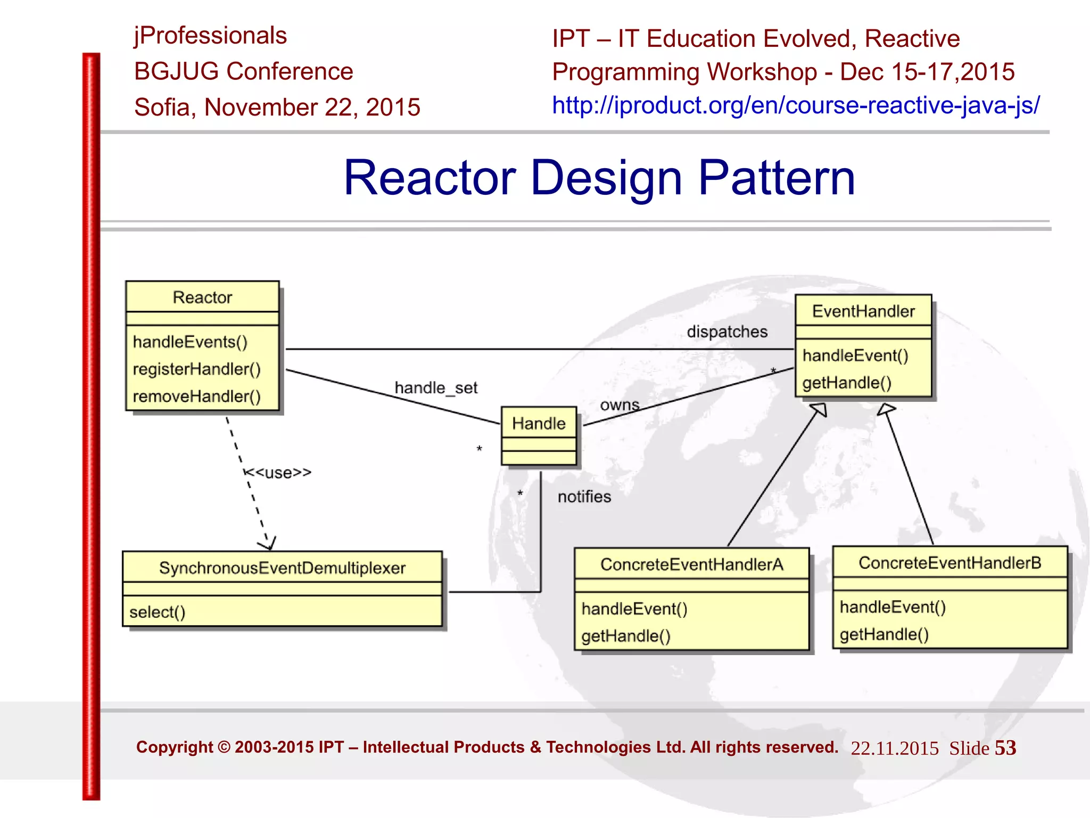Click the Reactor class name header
tap(202, 297)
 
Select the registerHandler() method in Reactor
tap(196, 369)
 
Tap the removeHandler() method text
tap(196, 396)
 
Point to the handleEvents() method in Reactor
tap(190, 342)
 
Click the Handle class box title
tap(539, 423)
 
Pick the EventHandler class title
tap(863, 311)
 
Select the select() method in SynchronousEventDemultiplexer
tap(157, 612)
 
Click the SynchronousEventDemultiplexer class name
tap(282, 568)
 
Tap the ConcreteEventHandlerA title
tap(691, 564)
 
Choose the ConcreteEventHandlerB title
tap(949, 563)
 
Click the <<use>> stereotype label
tap(278, 473)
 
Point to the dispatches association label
tap(727, 332)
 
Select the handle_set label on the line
tap(436, 387)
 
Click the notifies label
tap(584, 497)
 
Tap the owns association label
tap(620, 405)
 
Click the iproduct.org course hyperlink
tap(795, 105)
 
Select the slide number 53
tap(1005, 748)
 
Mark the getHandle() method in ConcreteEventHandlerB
tap(884, 634)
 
